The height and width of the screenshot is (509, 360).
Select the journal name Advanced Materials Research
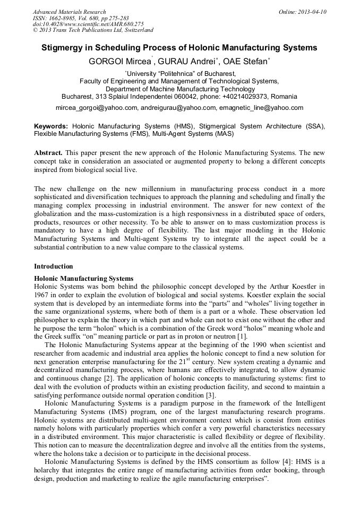click(69, 12)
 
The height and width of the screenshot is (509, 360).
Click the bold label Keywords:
click(51, 126)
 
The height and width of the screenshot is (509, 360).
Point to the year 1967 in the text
click(42, 294)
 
